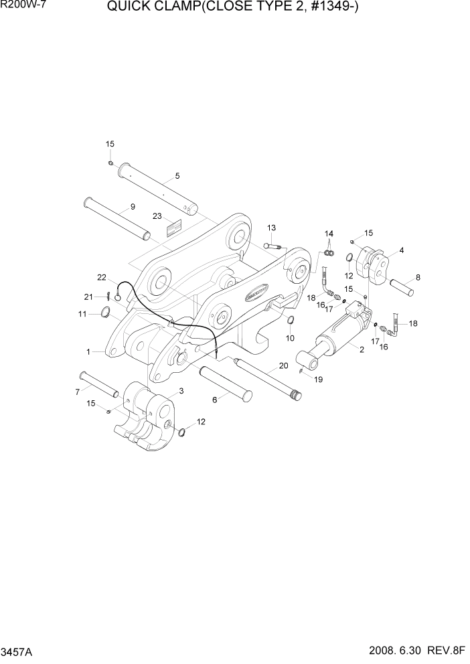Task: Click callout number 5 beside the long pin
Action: point(177,176)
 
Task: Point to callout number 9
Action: point(133,207)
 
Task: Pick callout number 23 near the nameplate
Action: point(157,216)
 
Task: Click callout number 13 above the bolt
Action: point(272,228)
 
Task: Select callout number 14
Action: point(329,233)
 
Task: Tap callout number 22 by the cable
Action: point(102,277)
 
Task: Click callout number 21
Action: point(88,297)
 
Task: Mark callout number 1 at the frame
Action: point(88,351)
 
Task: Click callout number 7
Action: point(78,392)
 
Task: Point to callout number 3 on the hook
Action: point(181,391)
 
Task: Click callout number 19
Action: point(319,379)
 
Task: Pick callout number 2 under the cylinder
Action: point(361,349)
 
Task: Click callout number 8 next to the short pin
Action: point(418,276)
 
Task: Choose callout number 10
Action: point(290,338)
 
